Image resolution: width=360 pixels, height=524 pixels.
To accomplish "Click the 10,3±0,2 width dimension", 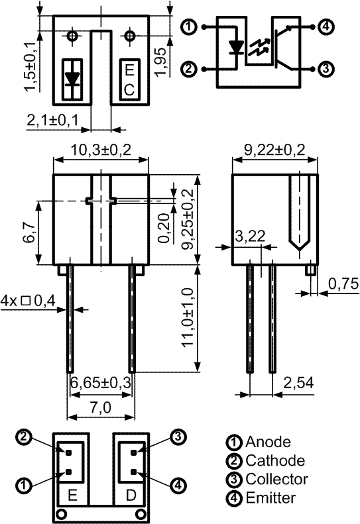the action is click(100, 150).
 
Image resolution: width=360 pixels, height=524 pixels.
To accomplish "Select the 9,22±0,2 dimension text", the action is click(274, 150).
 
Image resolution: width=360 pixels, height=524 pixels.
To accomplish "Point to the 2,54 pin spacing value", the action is click(298, 383).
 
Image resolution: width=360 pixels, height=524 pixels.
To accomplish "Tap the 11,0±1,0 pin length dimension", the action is click(188, 317).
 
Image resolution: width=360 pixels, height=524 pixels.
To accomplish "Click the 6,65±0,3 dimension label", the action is click(101, 382).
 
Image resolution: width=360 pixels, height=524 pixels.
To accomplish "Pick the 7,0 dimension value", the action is click(100, 407).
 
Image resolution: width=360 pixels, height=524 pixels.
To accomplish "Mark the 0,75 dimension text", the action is click(343, 284).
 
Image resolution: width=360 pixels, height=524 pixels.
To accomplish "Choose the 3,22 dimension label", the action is click(250, 236).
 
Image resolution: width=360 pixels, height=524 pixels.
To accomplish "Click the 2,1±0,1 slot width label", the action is click(52, 120).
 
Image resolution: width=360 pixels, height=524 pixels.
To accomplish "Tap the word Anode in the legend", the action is click(268, 442).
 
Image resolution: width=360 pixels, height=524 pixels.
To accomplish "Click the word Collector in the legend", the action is click(276, 479).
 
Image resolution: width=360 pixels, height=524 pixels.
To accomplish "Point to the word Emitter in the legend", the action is click(270, 498).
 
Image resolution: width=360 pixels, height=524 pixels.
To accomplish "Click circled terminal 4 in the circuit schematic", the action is click(326, 26).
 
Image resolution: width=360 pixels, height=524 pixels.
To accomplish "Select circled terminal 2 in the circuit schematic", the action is click(189, 69).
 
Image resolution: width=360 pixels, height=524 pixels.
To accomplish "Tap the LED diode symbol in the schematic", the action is click(237, 47).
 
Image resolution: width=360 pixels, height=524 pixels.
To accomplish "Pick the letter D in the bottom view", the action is click(131, 495).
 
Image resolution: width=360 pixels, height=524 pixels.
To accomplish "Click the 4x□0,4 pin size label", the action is click(28, 301).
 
